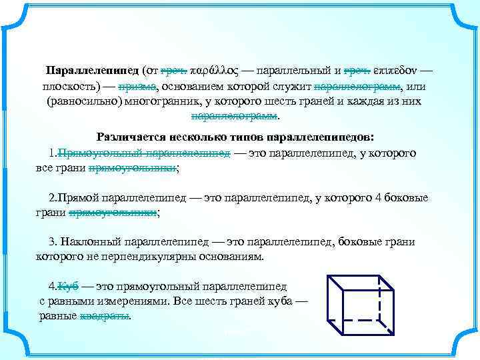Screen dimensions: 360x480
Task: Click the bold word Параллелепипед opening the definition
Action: (92, 70)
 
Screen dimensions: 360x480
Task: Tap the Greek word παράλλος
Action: (213, 70)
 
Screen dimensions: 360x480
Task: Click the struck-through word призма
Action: (137, 87)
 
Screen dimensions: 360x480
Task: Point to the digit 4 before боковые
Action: (379, 198)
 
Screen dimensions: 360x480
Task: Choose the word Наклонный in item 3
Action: (88, 241)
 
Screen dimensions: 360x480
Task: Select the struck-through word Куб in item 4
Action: (69, 286)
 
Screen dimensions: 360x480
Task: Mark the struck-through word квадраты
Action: (105, 316)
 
